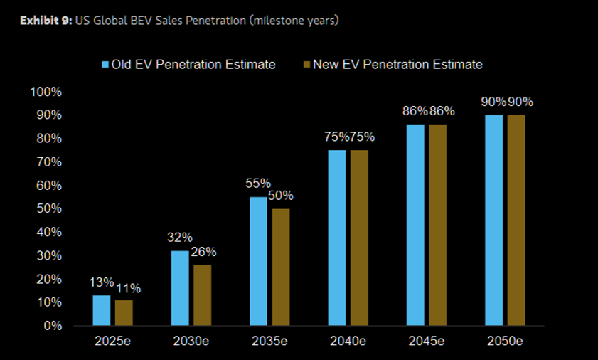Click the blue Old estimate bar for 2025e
(x=102, y=310)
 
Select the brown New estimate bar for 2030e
(x=203, y=295)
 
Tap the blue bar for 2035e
(x=259, y=261)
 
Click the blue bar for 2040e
(x=337, y=238)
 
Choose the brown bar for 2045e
(x=437, y=225)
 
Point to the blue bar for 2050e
(x=493, y=220)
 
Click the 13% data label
(x=102, y=282)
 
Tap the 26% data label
(x=203, y=252)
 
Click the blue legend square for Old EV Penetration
(x=105, y=65)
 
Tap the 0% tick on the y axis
(x=52, y=326)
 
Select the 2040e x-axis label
(x=348, y=342)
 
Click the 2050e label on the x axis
(x=505, y=342)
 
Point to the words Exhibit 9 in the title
(x=45, y=21)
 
